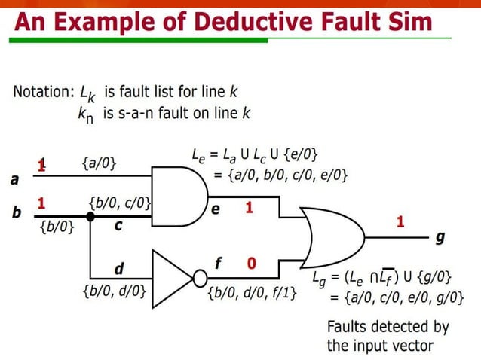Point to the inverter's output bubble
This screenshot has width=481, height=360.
pos(200,278)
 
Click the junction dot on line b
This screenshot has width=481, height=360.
pos(90,216)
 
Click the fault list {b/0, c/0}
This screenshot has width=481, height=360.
pos(120,203)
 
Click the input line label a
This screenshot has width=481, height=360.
pos(14,180)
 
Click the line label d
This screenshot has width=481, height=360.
pos(118,268)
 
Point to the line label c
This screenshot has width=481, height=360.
pos(118,225)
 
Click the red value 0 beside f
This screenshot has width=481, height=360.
pos(251,264)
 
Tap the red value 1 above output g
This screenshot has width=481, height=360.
pos(400,221)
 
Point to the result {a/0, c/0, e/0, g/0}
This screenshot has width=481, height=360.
pos(397,297)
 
